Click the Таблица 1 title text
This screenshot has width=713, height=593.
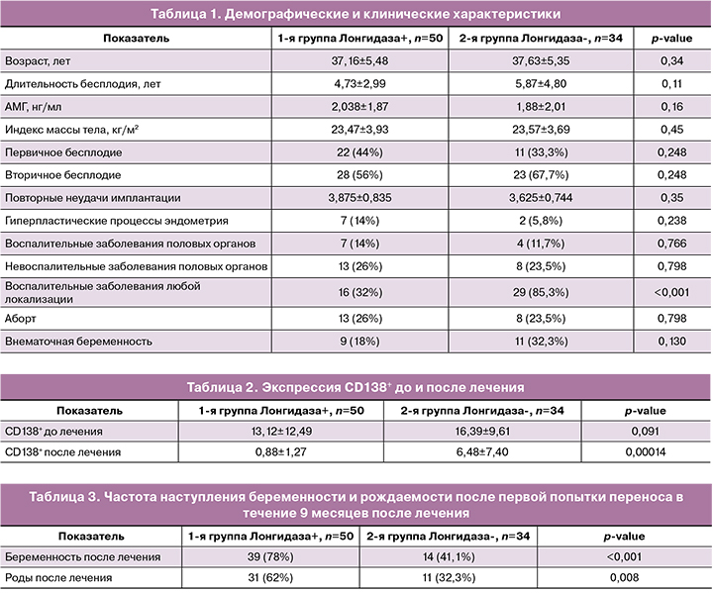355,14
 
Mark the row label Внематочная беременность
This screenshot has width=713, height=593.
78,343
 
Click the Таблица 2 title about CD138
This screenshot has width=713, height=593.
356,386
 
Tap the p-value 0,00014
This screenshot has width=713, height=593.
644,452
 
